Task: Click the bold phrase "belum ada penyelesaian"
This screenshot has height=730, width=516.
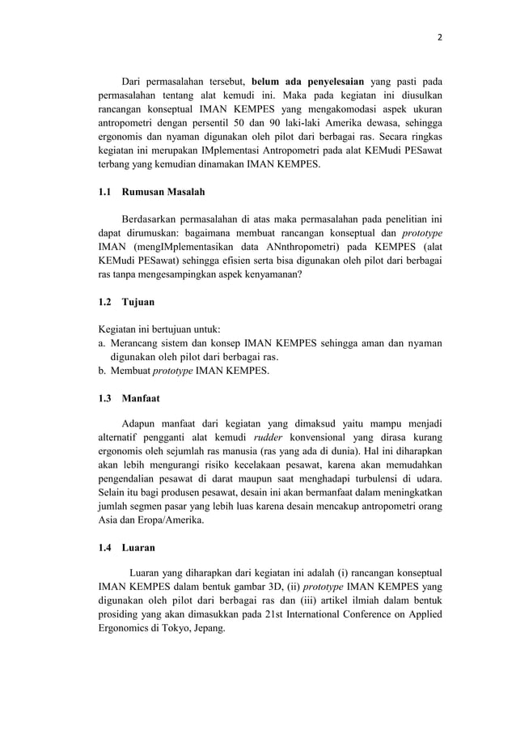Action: click(x=307, y=82)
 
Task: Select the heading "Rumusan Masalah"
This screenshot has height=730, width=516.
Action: click(x=163, y=192)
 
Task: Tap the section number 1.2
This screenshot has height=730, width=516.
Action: click(x=105, y=302)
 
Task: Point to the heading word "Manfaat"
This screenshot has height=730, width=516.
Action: click(x=142, y=398)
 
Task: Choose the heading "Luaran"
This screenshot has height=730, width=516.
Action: click(x=138, y=548)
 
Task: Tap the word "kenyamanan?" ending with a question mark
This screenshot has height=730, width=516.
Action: click(x=264, y=274)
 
